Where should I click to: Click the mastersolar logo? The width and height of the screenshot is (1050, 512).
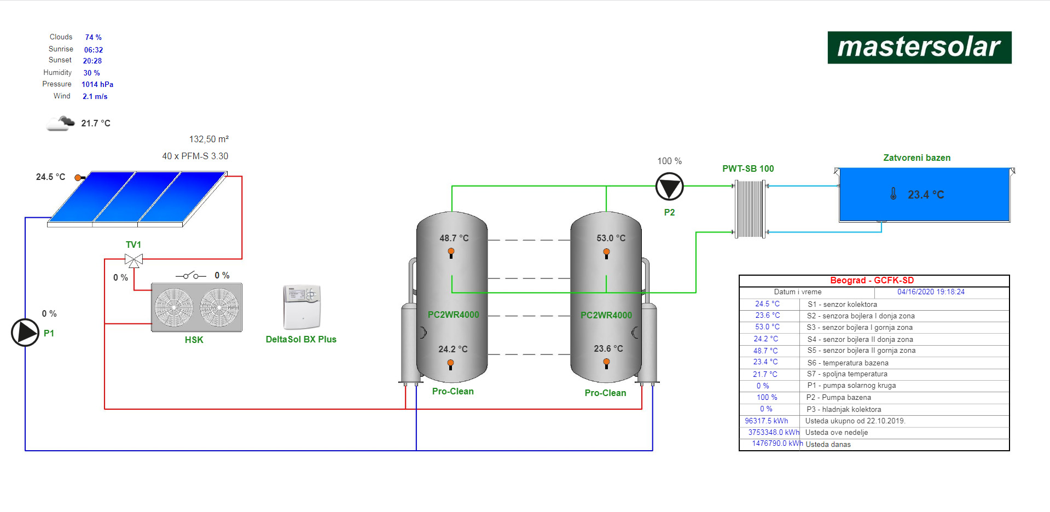[x=919, y=48]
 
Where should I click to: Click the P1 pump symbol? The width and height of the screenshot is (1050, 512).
[x=25, y=333]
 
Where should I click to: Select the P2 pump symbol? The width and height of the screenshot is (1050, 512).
[x=669, y=187]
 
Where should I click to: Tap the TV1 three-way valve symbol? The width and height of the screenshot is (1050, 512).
[x=134, y=260]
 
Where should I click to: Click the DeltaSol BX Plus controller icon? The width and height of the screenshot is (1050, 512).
[x=301, y=306]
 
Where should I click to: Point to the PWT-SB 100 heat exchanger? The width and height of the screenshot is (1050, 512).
[x=750, y=209]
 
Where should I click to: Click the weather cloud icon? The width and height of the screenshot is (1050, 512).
[x=60, y=123]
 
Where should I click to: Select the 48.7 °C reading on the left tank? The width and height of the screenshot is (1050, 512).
[x=454, y=238]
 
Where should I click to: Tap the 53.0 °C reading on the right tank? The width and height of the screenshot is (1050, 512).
[x=611, y=238]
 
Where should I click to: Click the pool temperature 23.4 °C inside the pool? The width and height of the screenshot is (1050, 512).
[x=926, y=195]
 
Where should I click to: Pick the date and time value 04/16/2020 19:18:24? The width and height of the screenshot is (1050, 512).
[x=931, y=292]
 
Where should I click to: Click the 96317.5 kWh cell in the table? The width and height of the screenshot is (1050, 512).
[x=766, y=421]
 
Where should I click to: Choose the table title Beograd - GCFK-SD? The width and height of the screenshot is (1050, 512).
[x=872, y=281]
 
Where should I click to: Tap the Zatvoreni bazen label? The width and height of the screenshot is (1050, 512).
[x=916, y=158]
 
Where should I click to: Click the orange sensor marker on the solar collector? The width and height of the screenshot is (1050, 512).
[x=78, y=178]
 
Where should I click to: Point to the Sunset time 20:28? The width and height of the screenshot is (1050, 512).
[x=92, y=61]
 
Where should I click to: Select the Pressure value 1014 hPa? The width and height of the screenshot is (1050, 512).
[x=97, y=84]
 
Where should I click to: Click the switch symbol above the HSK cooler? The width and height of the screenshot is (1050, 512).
[x=190, y=275]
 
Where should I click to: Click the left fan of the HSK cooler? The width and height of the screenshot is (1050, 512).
[x=174, y=307]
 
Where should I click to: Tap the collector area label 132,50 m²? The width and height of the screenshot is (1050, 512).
[x=209, y=139]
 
